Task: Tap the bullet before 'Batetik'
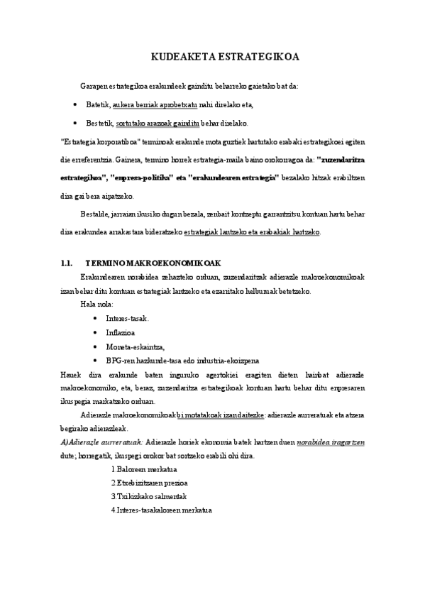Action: (x=76, y=104)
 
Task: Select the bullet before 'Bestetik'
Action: (x=76, y=122)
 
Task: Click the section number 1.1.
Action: (x=68, y=263)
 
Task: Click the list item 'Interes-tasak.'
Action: (x=127, y=318)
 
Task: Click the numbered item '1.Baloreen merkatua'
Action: (x=144, y=469)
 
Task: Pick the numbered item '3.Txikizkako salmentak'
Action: (x=148, y=496)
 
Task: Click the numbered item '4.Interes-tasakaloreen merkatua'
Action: (x=162, y=510)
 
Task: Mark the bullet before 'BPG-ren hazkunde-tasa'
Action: (x=95, y=360)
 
